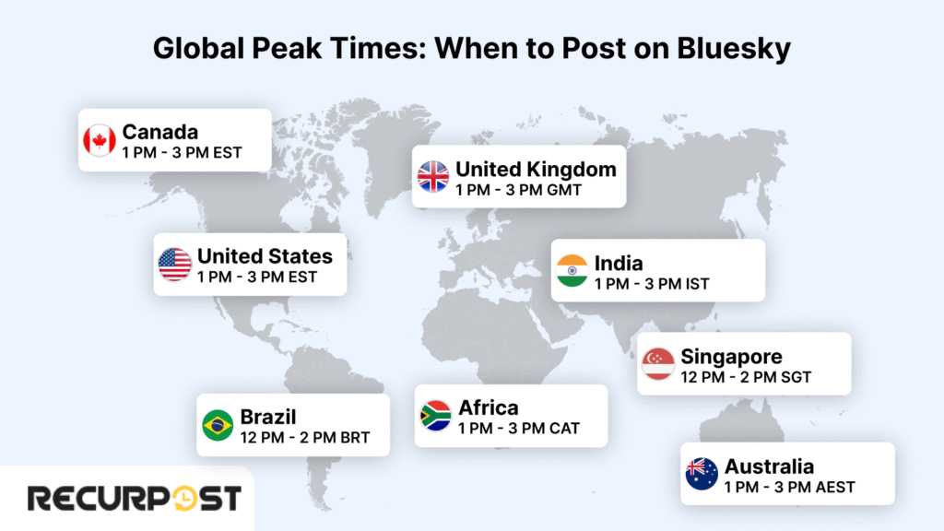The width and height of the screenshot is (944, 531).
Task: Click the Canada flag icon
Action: point(99,140)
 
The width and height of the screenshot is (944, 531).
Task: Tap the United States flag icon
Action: point(174,265)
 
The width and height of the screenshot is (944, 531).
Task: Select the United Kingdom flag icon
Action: point(433,176)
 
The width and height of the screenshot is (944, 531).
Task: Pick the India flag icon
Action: point(572,270)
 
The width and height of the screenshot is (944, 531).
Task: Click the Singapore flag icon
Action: point(658,363)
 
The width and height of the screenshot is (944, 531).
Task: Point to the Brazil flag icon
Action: point(218,425)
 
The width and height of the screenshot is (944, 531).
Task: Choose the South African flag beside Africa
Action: point(435,416)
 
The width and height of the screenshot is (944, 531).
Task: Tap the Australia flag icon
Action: point(702,474)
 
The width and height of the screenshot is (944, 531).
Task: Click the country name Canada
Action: point(160,132)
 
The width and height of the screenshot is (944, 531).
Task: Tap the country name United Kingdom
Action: point(536,170)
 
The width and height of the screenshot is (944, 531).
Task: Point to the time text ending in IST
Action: point(652,283)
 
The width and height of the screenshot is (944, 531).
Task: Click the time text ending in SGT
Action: point(746,377)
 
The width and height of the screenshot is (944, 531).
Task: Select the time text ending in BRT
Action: point(304,438)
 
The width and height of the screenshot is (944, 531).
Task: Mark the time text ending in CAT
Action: point(519,429)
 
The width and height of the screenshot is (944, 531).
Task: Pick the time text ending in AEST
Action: point(789,487)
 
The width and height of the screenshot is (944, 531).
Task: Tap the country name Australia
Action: point(769,466)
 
